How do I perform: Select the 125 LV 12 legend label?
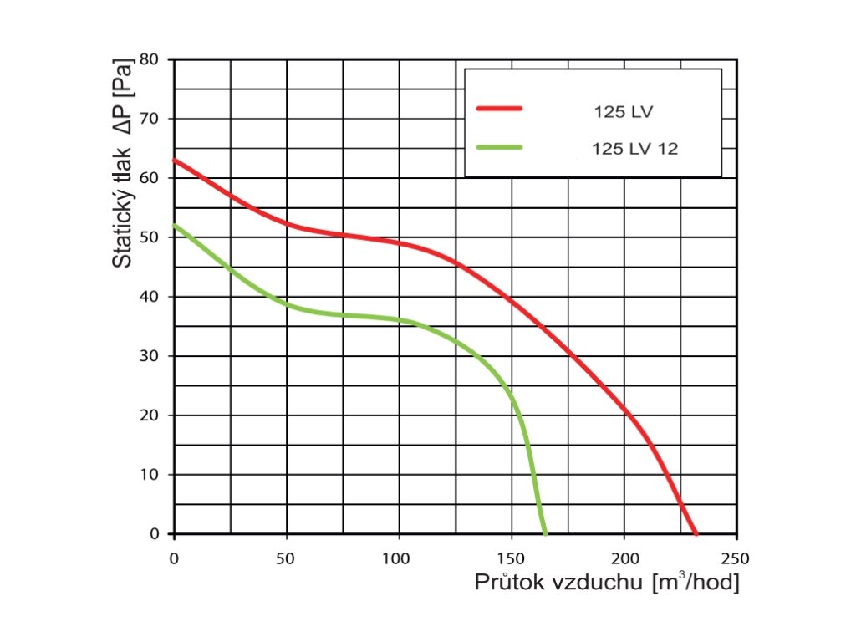click(x=634, y=150)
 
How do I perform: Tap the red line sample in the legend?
click(x=498, y=109)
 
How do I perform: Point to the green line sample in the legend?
click(x=498, y=147)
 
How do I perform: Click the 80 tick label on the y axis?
click(x=150, y=59)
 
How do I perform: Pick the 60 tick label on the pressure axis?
click(x=150, y=178)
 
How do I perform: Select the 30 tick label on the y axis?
click(x=150, y=356)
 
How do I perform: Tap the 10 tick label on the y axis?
click(x=150, y=475)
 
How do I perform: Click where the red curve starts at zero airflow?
click(x=175, y=160)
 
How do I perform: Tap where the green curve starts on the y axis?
click(x=175, y=225)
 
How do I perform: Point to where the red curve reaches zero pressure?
click(x=695, y=533)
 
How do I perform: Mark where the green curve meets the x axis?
click(x=545, y=533)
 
